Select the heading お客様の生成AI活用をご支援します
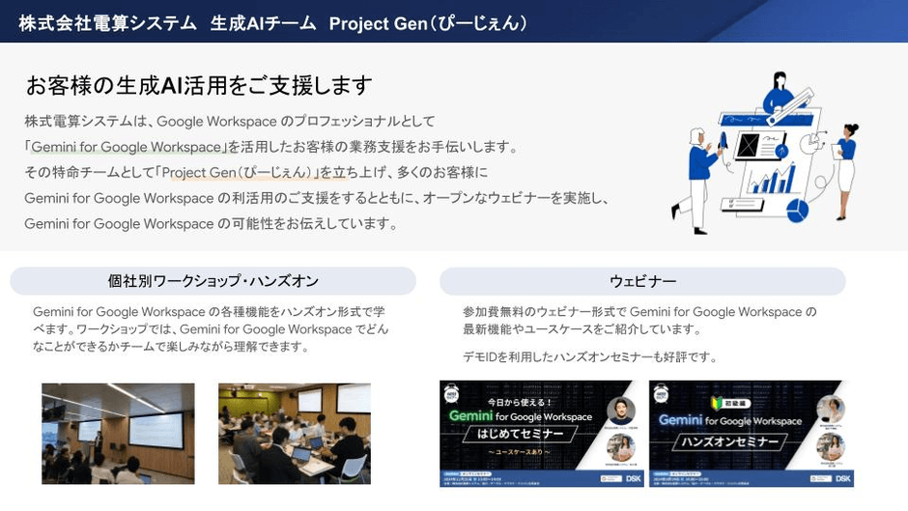click(198, 86)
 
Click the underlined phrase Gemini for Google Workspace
click(126, 148)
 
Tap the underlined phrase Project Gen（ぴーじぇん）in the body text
click(246, 173)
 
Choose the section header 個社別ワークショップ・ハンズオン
click(213, 281)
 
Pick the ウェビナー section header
click(642, 281)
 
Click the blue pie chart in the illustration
click(796, 210)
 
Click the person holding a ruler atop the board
click(778, 92)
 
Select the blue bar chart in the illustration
click(773, 181)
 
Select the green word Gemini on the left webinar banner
click(476, 416)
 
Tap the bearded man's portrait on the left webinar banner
click(620, 411)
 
